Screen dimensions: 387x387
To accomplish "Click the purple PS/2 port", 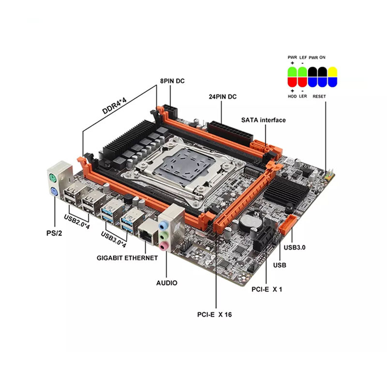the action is [54, 192].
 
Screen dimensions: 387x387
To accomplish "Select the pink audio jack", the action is [164, 246].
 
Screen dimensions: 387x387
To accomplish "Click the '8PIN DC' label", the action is [172, 81].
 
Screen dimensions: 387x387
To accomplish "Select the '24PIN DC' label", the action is [223, 97].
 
